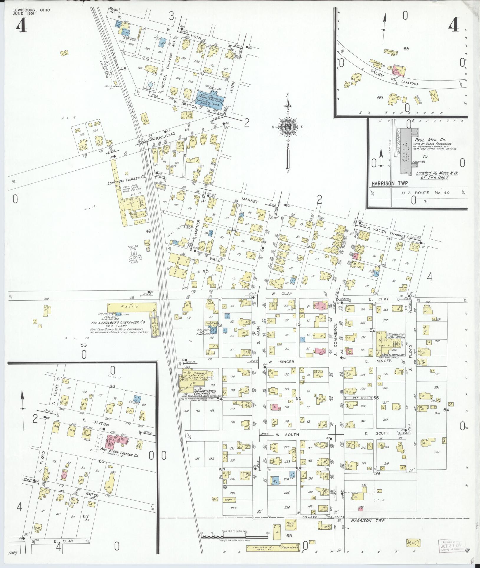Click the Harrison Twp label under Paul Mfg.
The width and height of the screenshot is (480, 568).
tap(389, 183)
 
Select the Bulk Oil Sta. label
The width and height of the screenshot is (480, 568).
tap(131, 248)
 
